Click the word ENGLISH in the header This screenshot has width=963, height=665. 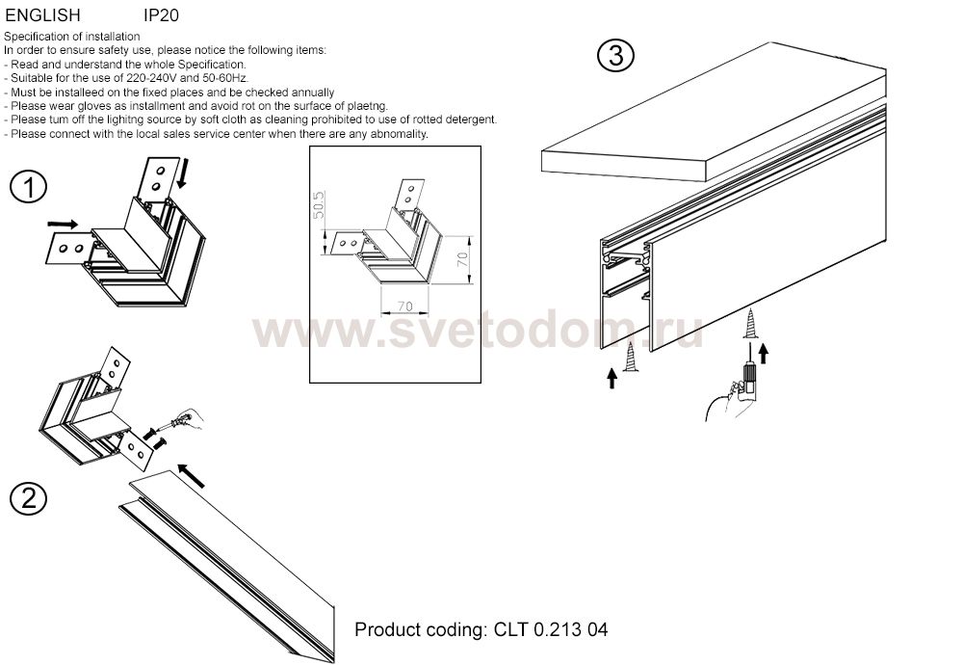point(42,14)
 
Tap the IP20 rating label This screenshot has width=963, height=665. point(161,14)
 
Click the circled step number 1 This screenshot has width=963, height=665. point(28,187)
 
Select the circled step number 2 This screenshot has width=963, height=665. point(28,498)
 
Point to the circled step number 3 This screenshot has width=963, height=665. point(615,55)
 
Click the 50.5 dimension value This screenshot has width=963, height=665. point(318,205)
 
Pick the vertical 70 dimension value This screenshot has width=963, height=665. point(462,258)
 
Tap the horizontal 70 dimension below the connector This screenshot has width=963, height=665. point(404,306)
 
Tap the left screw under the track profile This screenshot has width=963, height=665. point(630,356)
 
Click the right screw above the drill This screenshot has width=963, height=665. point(750,324)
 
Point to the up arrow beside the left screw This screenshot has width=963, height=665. point(612,378)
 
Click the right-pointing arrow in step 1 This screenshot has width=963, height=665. point(64,225)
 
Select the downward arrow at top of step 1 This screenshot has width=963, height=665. point(182,173)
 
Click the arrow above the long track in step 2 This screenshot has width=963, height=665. point(191,476)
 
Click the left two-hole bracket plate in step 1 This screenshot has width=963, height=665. point(69,249)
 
